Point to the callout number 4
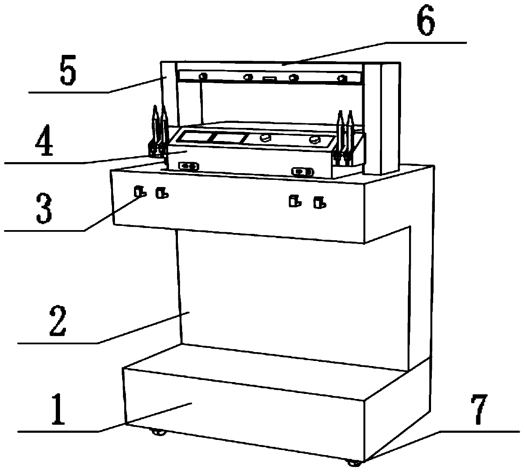click(44, 142)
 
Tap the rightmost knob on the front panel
click(320, 203)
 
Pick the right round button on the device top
click(314, 140)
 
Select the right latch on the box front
click(302, 171)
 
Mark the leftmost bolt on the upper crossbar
click(203, 76)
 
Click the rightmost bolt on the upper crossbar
click(341, 78)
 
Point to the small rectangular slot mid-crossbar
click(269, 79)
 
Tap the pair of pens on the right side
click(344, 137)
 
